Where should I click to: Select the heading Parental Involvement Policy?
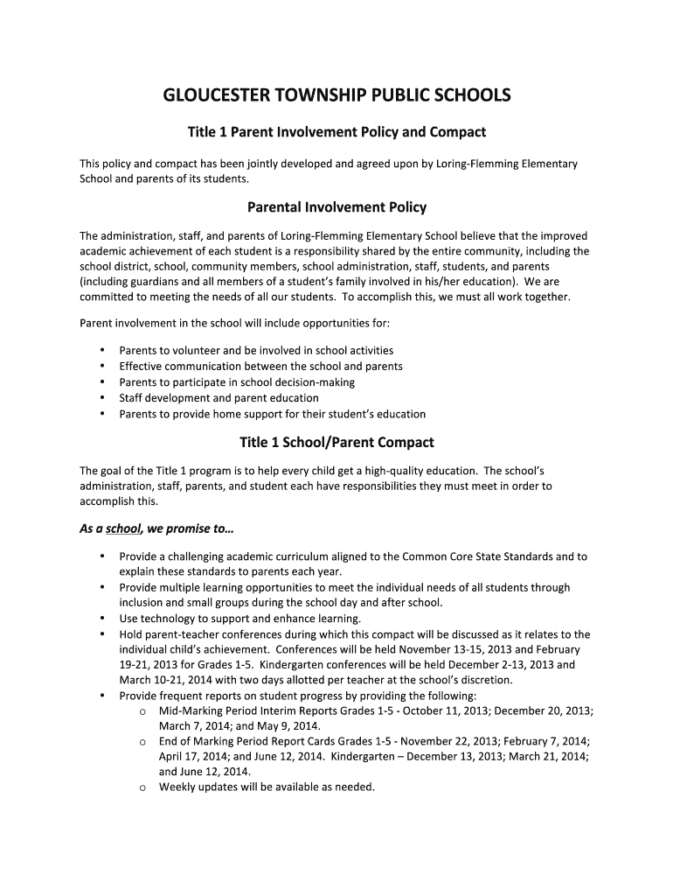(x=336, y=207)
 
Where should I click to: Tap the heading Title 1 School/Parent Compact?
(x=336, y=442)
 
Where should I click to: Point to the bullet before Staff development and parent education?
(x=103, y=398)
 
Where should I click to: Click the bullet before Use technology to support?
(x=103, y=619)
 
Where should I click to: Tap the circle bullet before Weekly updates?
(x=142, y=787)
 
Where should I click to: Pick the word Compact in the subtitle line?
(x=458, y=132)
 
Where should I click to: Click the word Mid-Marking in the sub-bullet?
(x=191, y=711)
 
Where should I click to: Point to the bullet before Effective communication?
(x=103, y=367)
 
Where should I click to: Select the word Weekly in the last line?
(x=177, y=787)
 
